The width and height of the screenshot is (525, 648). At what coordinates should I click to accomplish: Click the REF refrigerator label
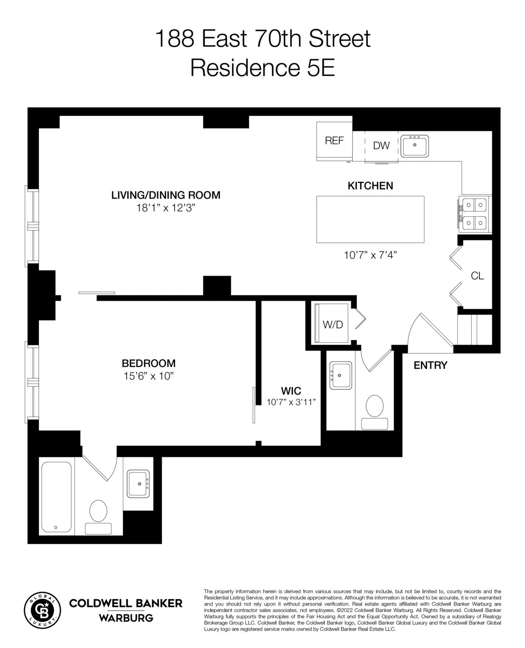334,141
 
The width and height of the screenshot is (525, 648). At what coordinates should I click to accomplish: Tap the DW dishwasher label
381,146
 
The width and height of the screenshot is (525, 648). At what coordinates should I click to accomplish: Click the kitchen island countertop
370,219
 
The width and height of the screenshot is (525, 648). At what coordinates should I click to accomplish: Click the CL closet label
477,276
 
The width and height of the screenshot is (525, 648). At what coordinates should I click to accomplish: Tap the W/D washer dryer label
333,325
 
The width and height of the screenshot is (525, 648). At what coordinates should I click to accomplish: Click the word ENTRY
430,365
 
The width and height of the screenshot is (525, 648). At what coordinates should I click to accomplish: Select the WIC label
291,390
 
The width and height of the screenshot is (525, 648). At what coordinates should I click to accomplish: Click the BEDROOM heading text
149,363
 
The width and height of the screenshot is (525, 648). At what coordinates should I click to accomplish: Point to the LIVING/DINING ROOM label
166,195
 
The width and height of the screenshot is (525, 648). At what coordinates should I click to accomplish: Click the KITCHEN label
370,186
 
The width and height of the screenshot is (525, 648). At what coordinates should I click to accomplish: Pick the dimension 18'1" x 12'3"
165,208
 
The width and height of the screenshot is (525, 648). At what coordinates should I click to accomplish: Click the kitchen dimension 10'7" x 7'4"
370,255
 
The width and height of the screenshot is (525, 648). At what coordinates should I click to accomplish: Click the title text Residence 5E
262,68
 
